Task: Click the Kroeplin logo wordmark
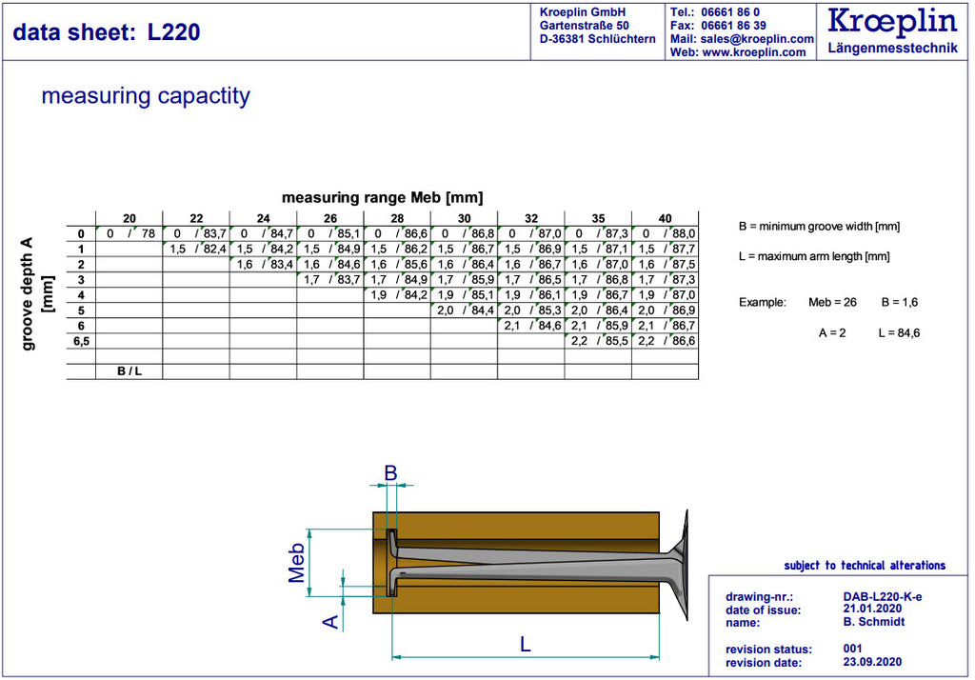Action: pos(891,21)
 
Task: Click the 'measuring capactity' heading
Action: pos(146,96)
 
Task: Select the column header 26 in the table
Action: pos(330,218)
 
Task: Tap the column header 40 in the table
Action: pos(665,218)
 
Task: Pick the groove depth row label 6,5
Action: pos(81,341)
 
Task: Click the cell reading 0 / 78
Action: pos(129,234)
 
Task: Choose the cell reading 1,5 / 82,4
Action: pos(197,249)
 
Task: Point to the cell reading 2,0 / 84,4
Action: pos(465,310)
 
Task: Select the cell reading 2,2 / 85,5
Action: pos(599,341)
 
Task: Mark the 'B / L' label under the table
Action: pos(129,371)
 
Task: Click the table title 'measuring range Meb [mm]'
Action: pos(383,198)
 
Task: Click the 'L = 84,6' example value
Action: pos(899,332)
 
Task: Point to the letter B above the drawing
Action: pos(390,473)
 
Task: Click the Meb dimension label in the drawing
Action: pos(297,563)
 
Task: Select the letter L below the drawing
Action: pos(526,644)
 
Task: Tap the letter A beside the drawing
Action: pos(330,622)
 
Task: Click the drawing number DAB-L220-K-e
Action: pos(883,596)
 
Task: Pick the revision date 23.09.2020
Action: pos(872,662)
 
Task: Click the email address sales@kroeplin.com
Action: pos(757,39)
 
